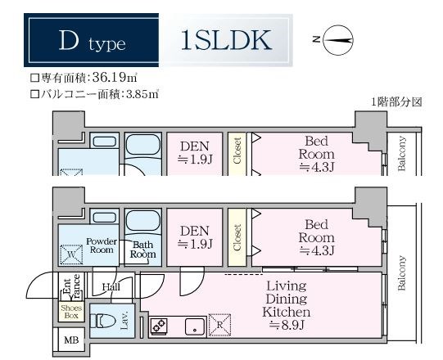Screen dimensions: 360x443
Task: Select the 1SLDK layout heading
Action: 226,39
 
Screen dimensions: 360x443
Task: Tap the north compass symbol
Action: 337,38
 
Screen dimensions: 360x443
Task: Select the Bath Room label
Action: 142,250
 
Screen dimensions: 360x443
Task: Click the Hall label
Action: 112,286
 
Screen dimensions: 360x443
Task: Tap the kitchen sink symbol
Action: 195,327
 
